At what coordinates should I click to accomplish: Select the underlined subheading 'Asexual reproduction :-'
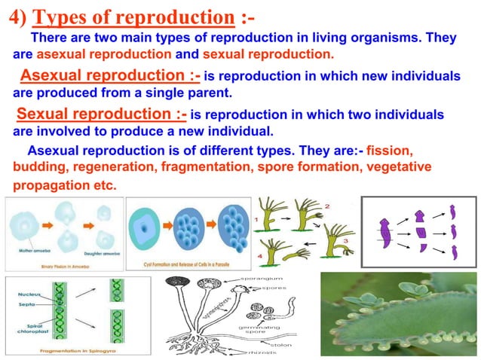coord(109,77)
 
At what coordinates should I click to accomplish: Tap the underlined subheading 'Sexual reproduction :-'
coord(101,115)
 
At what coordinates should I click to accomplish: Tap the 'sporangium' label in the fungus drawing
coord(262,279)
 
